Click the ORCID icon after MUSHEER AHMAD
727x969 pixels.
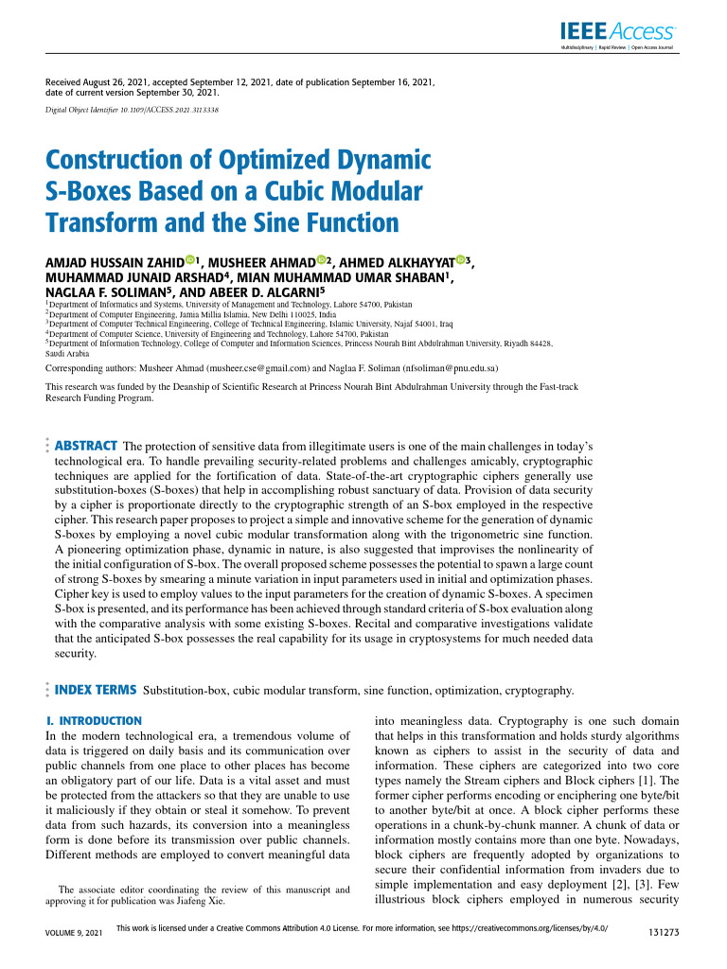coord(322,260)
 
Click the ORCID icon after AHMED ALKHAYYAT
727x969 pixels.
coord(460,260)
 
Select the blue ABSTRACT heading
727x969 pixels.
coord(86,446)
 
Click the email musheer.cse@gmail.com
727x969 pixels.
coord(257,367)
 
